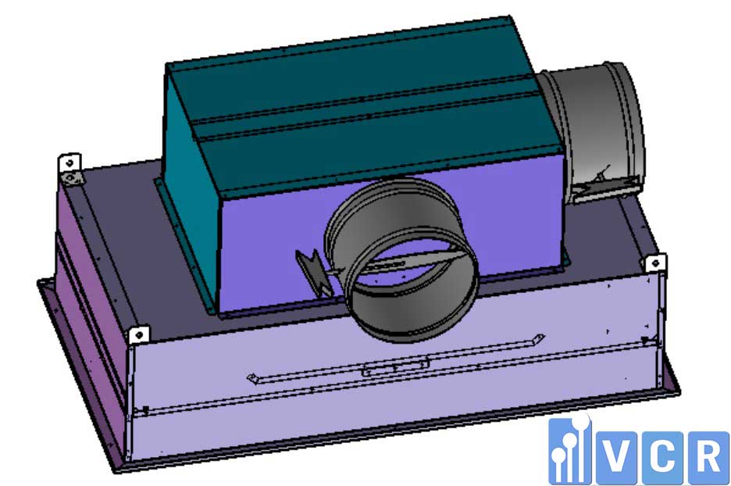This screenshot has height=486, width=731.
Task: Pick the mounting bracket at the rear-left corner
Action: [70, 167]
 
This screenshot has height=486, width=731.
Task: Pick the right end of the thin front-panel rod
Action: [539, 338]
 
